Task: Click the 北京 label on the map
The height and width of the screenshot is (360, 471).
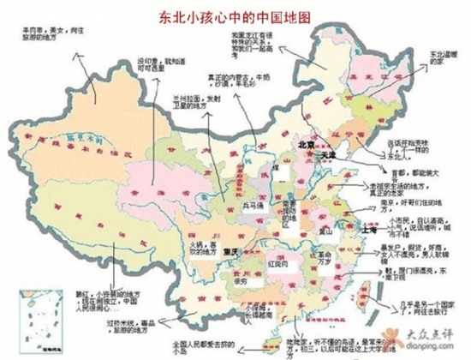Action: coord(306,145)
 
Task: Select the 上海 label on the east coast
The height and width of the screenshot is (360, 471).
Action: coord(370,231)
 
